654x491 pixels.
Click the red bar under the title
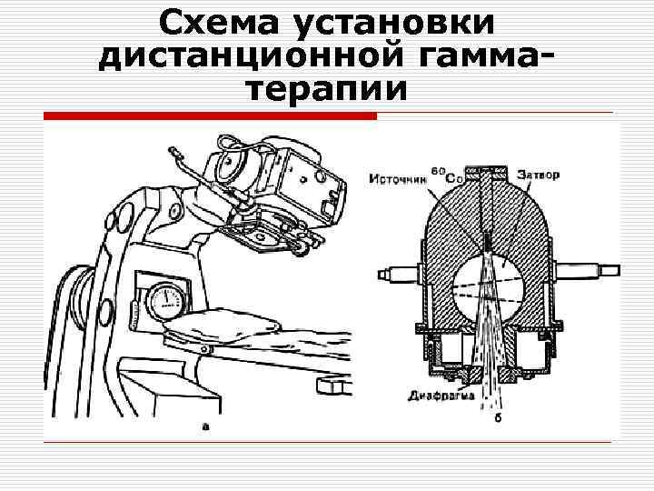click(x=210, y=116)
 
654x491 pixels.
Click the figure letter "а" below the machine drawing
click(x=205, y=425)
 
